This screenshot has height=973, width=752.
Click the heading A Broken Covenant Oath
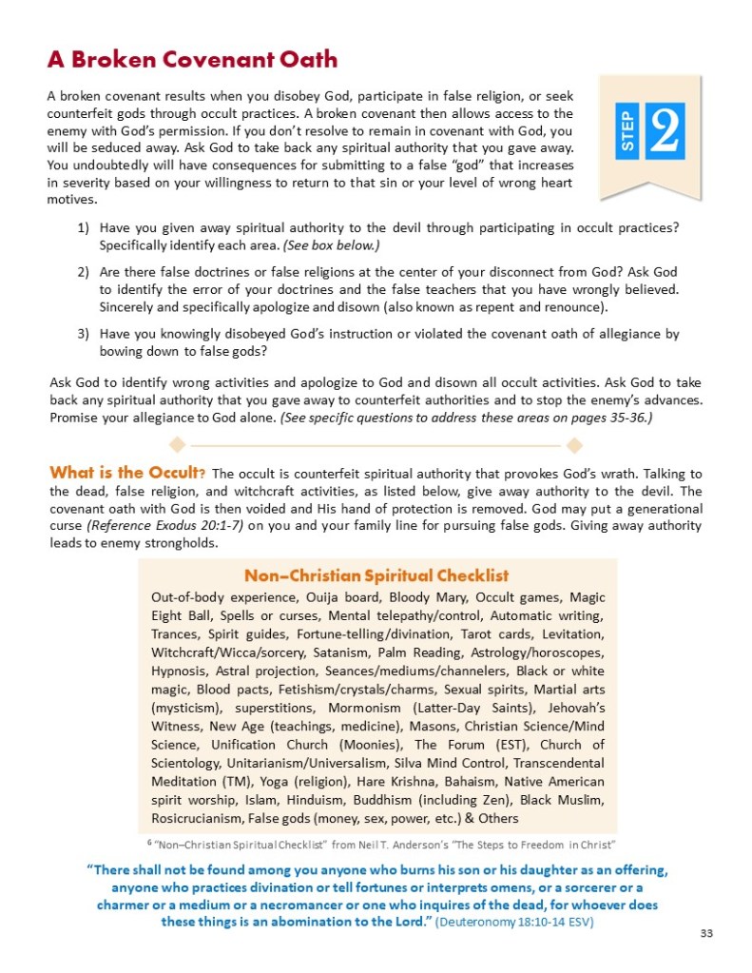(192, 60)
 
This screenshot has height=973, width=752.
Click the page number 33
(705, 933)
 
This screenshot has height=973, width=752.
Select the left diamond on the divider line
(175, 444)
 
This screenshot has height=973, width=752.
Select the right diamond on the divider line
(573, 444)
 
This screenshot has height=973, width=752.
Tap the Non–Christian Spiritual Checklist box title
(376, 575)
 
